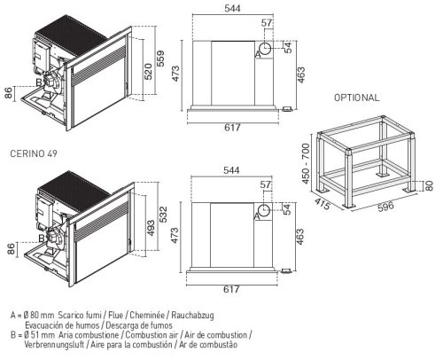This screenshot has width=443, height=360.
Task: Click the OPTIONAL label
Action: point(356,98)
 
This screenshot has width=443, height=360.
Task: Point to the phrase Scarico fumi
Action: point(80,315)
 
